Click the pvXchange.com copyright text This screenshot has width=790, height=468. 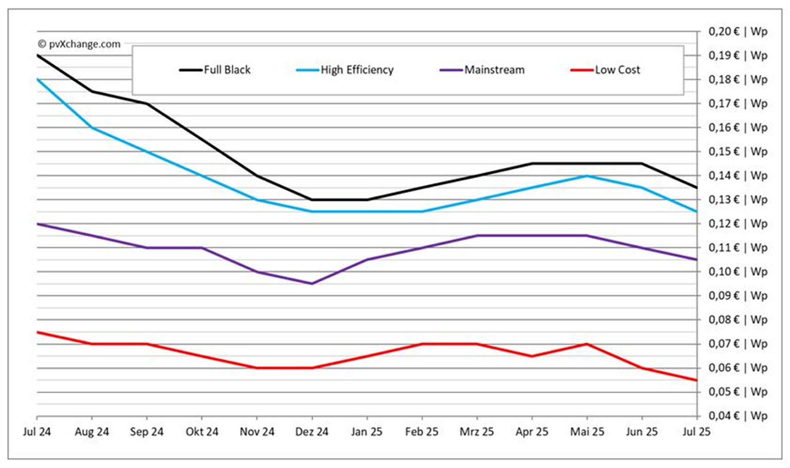[79, 44]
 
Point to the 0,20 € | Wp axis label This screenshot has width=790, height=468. [738, 31]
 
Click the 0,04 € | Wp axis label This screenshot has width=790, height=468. [738, 416]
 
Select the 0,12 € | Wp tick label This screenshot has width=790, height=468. [738, 224]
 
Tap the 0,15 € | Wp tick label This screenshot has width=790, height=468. [738, 152]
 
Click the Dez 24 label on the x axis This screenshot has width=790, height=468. [312, 432]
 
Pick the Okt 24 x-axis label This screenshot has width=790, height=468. [202, 432]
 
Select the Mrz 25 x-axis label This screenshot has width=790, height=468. [477, 432]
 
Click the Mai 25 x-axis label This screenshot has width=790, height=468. [587, 432]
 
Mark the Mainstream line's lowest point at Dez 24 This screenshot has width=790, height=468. [312, 283]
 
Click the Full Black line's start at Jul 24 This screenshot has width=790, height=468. [38, 55]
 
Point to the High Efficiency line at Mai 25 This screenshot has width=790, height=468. [587, 176]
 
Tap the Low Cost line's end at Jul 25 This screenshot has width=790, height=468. [696, 380]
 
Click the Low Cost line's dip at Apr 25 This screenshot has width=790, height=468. [532, 356]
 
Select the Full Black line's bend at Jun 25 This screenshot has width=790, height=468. [641, 164]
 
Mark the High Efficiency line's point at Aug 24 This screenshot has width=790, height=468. [92, 128]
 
